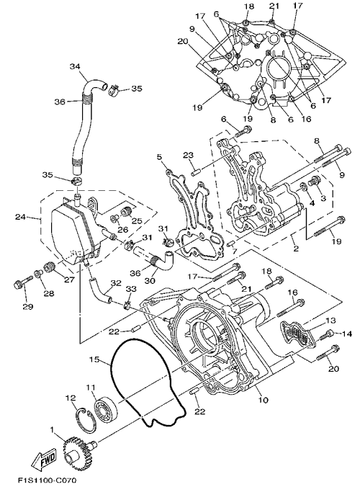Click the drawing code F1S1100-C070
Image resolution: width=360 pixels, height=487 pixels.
[47, 481]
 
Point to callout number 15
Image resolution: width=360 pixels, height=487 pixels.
[94, 359]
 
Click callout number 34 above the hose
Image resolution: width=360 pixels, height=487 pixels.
[75, 66]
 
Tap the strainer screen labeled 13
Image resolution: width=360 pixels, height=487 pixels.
[298, 336]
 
